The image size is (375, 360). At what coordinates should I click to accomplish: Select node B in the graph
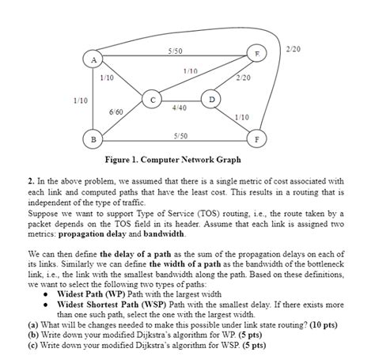[93, 139]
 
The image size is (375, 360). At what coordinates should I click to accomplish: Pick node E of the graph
[255, 53]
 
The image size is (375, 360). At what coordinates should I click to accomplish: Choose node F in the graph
[256, 139]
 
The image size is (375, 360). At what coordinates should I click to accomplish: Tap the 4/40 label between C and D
[179, 107]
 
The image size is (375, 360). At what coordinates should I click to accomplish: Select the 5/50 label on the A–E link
[176, 51]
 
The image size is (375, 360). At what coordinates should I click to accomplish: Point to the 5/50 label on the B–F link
[180, 135]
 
